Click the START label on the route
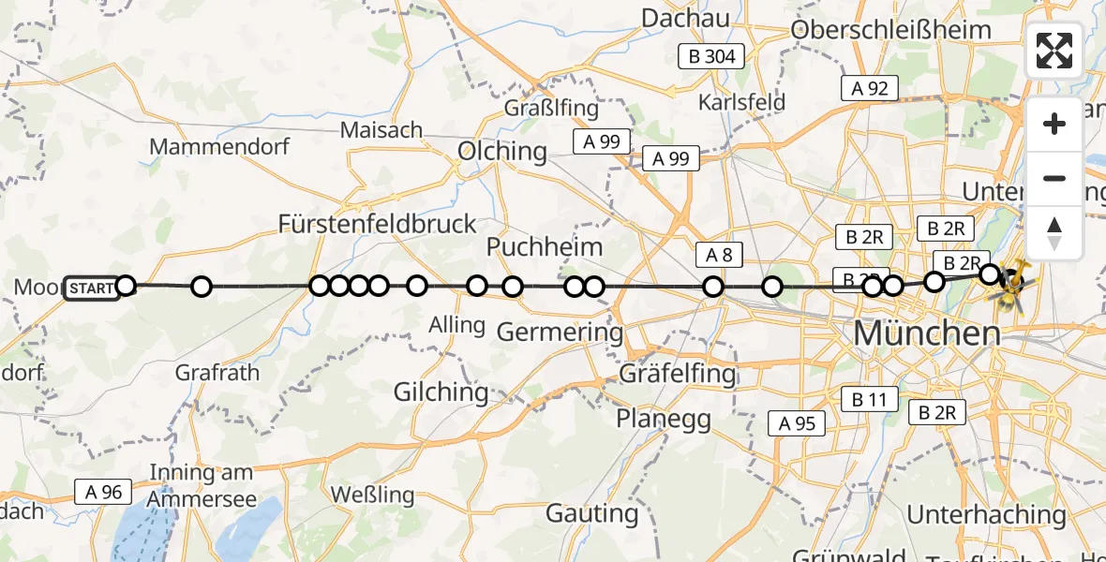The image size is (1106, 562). click(x=92, y=288)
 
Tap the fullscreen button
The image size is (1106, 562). click(x=1054, y=51)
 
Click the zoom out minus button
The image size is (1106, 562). click(x=1054, y=178)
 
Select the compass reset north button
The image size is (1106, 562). click(x=1054, y=232)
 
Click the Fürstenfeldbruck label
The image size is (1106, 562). click(x=378, y=224)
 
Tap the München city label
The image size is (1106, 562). click(x=926, y=333)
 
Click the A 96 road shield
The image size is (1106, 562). click(x=104, y=492)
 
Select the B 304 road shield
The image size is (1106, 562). click(x=711, y=56)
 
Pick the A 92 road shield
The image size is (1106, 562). click(x=869, y=88)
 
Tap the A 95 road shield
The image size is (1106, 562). click(x=797, y=423)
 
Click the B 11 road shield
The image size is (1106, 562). click(x=869, y=400)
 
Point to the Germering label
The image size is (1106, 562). click(x=559, y=332)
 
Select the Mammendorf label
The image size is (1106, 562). click(x=219, y=147)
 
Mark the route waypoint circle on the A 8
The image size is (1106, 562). click(x=714, y=287)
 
